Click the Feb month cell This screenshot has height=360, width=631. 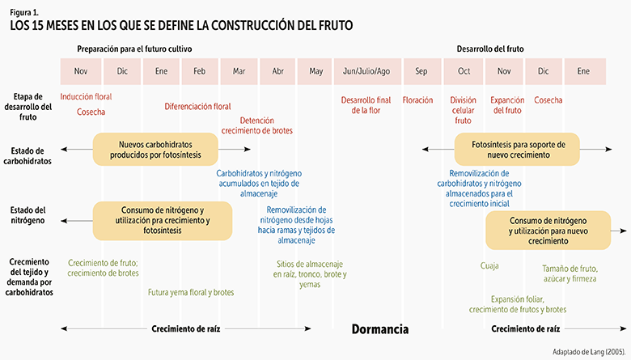[199, 71]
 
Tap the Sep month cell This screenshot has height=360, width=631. [421, 71]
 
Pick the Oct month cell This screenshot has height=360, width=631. [464, 71]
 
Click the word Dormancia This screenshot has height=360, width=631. [379, 330]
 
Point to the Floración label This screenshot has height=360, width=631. [417, 100]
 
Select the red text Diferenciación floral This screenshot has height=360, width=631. [197, 106]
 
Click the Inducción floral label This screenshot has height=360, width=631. [86, 96]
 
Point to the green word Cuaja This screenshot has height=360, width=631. [489, 265]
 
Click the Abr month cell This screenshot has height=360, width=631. [278, 71]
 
